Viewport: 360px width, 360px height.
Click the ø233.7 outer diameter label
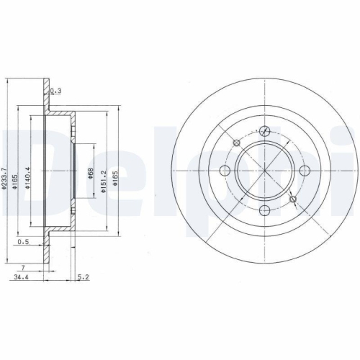pos(5,176)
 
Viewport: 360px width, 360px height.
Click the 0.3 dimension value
pos(56,91)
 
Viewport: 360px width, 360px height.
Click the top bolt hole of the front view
pos(264,130)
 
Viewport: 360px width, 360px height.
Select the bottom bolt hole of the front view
pos(264,210)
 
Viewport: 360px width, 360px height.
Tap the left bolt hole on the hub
pos(225,171)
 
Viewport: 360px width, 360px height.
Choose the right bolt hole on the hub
pos(304,171)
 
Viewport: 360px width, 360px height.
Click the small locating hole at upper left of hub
pos(236,143)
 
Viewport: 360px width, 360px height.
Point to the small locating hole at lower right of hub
pos(292,199)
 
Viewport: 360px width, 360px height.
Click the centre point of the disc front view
pos(264,171)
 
